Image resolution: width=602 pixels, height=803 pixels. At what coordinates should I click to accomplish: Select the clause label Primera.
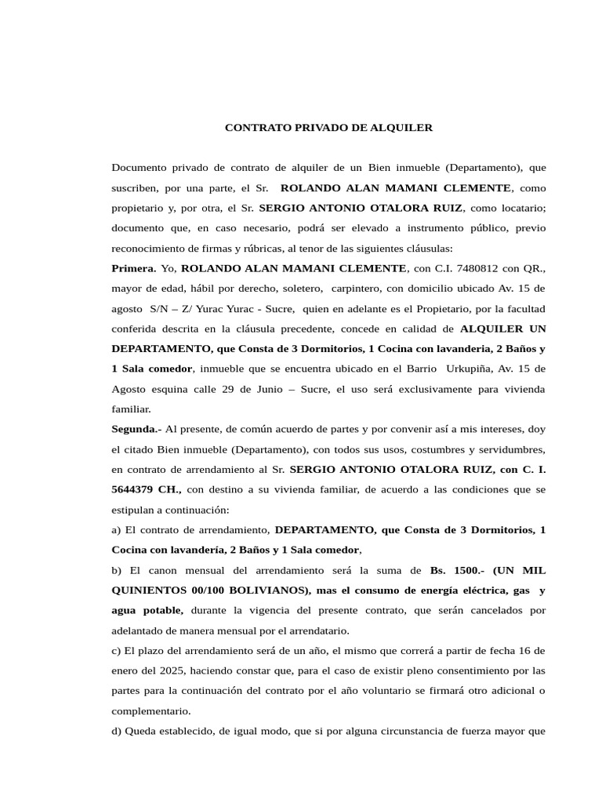134,268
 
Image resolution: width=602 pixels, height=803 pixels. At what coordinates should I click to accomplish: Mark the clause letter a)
118,529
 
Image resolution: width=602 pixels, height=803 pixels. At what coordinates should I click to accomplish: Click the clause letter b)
118,569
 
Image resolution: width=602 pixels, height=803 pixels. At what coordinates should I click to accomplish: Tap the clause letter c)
117,650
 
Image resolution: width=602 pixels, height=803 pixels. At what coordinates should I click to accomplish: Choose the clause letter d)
118,731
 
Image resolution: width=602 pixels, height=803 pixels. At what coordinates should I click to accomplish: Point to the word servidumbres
510,449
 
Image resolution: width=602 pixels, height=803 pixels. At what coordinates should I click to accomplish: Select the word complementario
150,710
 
